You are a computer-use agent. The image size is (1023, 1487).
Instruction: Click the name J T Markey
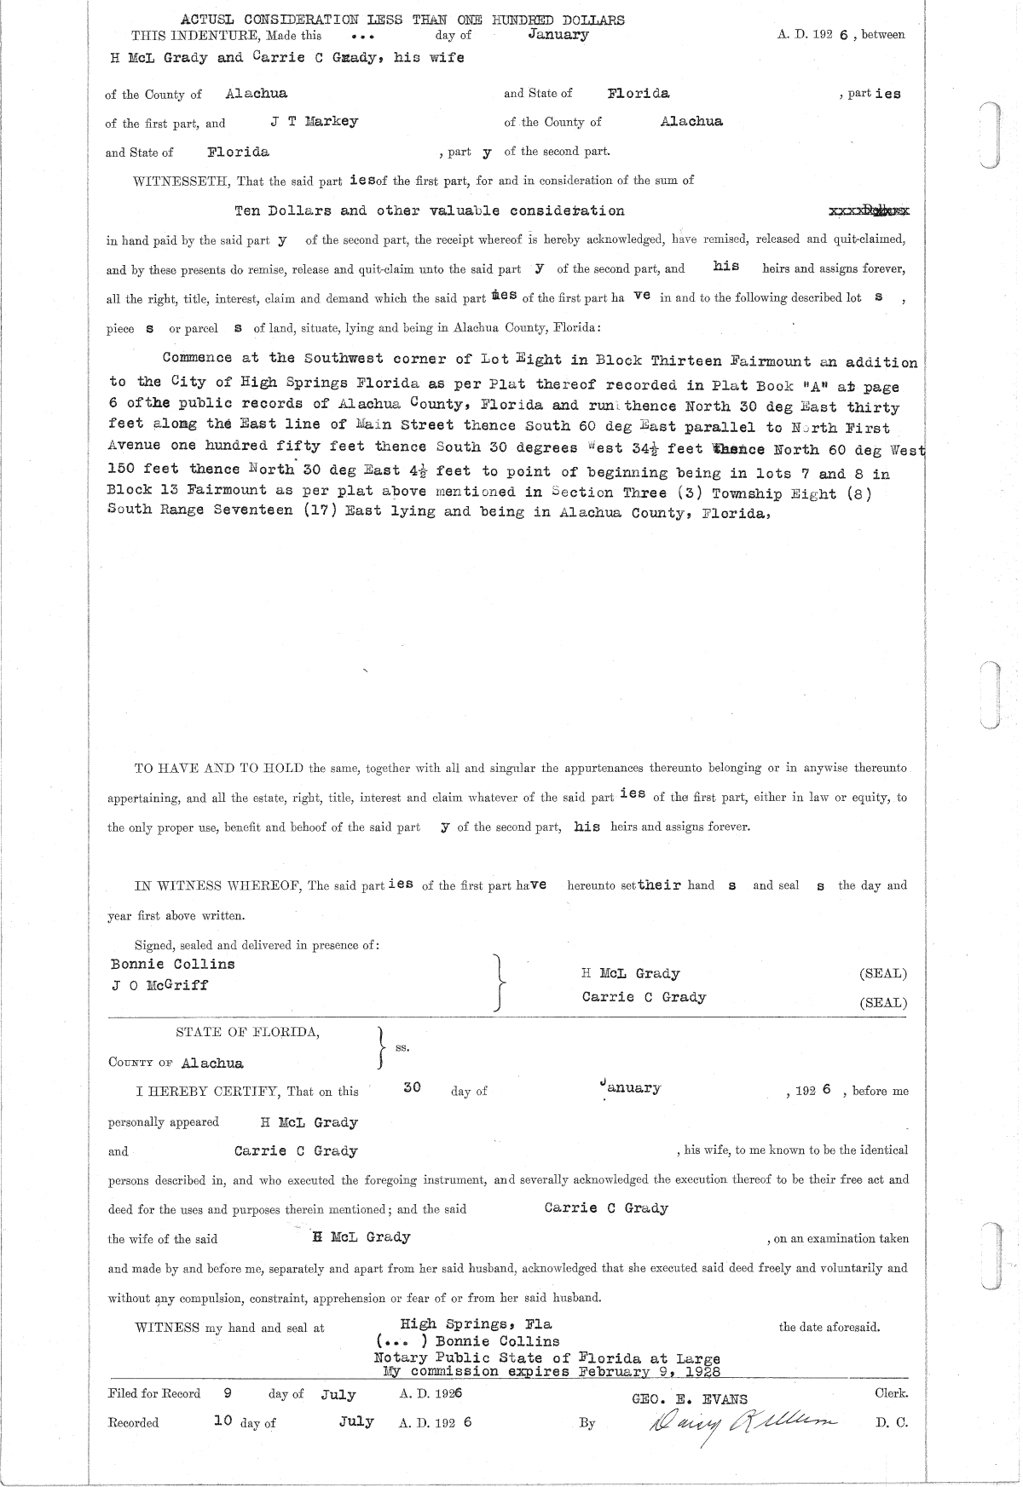[x=315, y=122]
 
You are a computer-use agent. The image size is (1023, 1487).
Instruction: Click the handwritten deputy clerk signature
[x=742, y=1422]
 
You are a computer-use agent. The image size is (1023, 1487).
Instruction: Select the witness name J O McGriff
[x=159, y=985]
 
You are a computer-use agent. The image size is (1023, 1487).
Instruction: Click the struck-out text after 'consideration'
[x=869, y=210]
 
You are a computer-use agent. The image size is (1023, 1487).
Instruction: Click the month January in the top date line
[x=558, y=35]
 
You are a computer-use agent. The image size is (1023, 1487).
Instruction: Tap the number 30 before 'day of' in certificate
[x=412, y=1088]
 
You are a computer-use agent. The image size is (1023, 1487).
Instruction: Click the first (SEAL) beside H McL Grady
[x=883, y=974]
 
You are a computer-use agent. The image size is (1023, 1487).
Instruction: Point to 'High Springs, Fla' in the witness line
[x=476, y=1324]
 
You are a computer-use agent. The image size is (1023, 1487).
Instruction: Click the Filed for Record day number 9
[x=227, y=1394]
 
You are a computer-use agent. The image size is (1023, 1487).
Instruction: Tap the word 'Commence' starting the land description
[x=196, y=359]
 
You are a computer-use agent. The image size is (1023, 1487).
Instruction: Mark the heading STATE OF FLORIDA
[x=248, y=1033]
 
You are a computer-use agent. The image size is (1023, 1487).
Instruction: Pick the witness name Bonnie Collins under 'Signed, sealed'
[x=173, y=965]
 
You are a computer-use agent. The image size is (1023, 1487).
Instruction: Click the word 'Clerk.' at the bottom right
[x=891, y=1394]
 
